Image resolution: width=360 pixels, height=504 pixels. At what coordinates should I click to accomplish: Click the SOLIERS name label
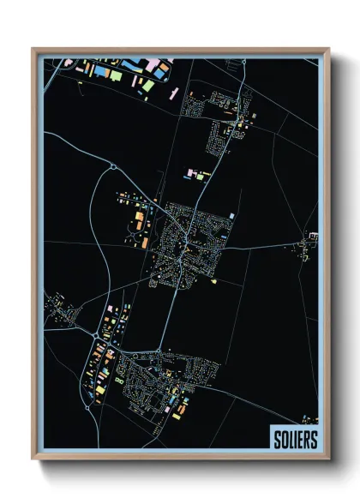tap(293, 437)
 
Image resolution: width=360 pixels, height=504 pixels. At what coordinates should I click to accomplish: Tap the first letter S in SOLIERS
tap(277, 437)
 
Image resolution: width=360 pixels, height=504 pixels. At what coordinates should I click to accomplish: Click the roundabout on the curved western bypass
tap(111, 167)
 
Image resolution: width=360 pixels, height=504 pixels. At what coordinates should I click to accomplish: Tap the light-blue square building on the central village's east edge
tap(231, 213)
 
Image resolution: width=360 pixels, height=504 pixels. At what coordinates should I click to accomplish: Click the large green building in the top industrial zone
tap(116, 76)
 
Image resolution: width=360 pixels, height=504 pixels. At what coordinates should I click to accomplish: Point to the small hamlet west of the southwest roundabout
tap(60, 307)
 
